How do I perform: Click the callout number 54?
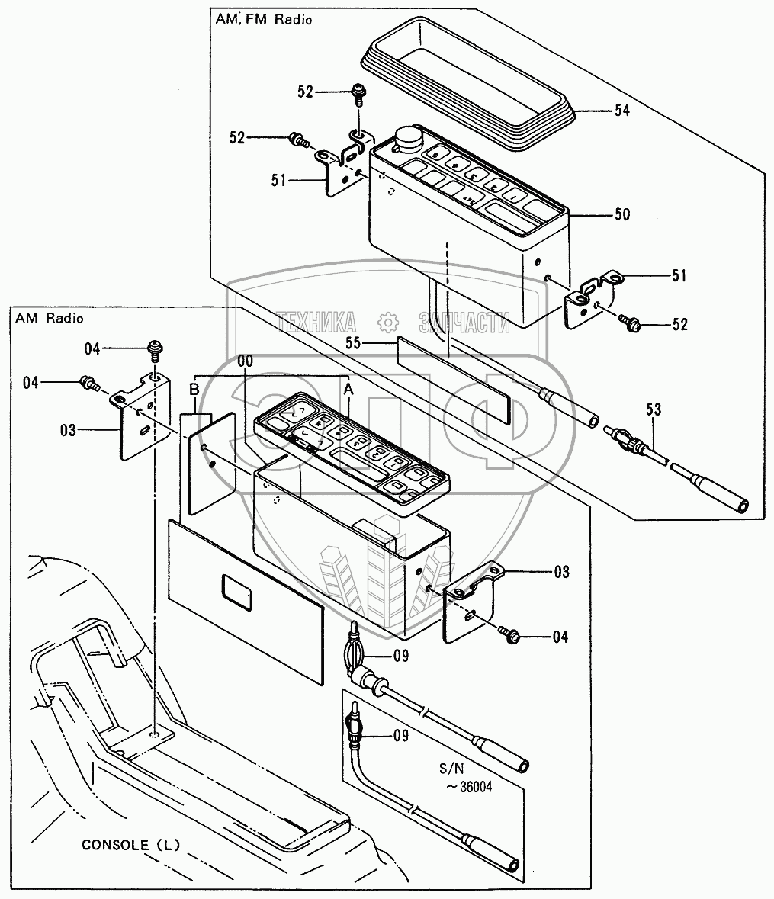coord(621,111)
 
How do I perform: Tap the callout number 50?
coord(621,215)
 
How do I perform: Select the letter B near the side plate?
coord(194,389)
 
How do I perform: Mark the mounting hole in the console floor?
coord(155,735)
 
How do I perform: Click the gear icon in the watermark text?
coord(389,321)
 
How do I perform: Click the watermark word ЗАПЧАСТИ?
coord(464,322)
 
